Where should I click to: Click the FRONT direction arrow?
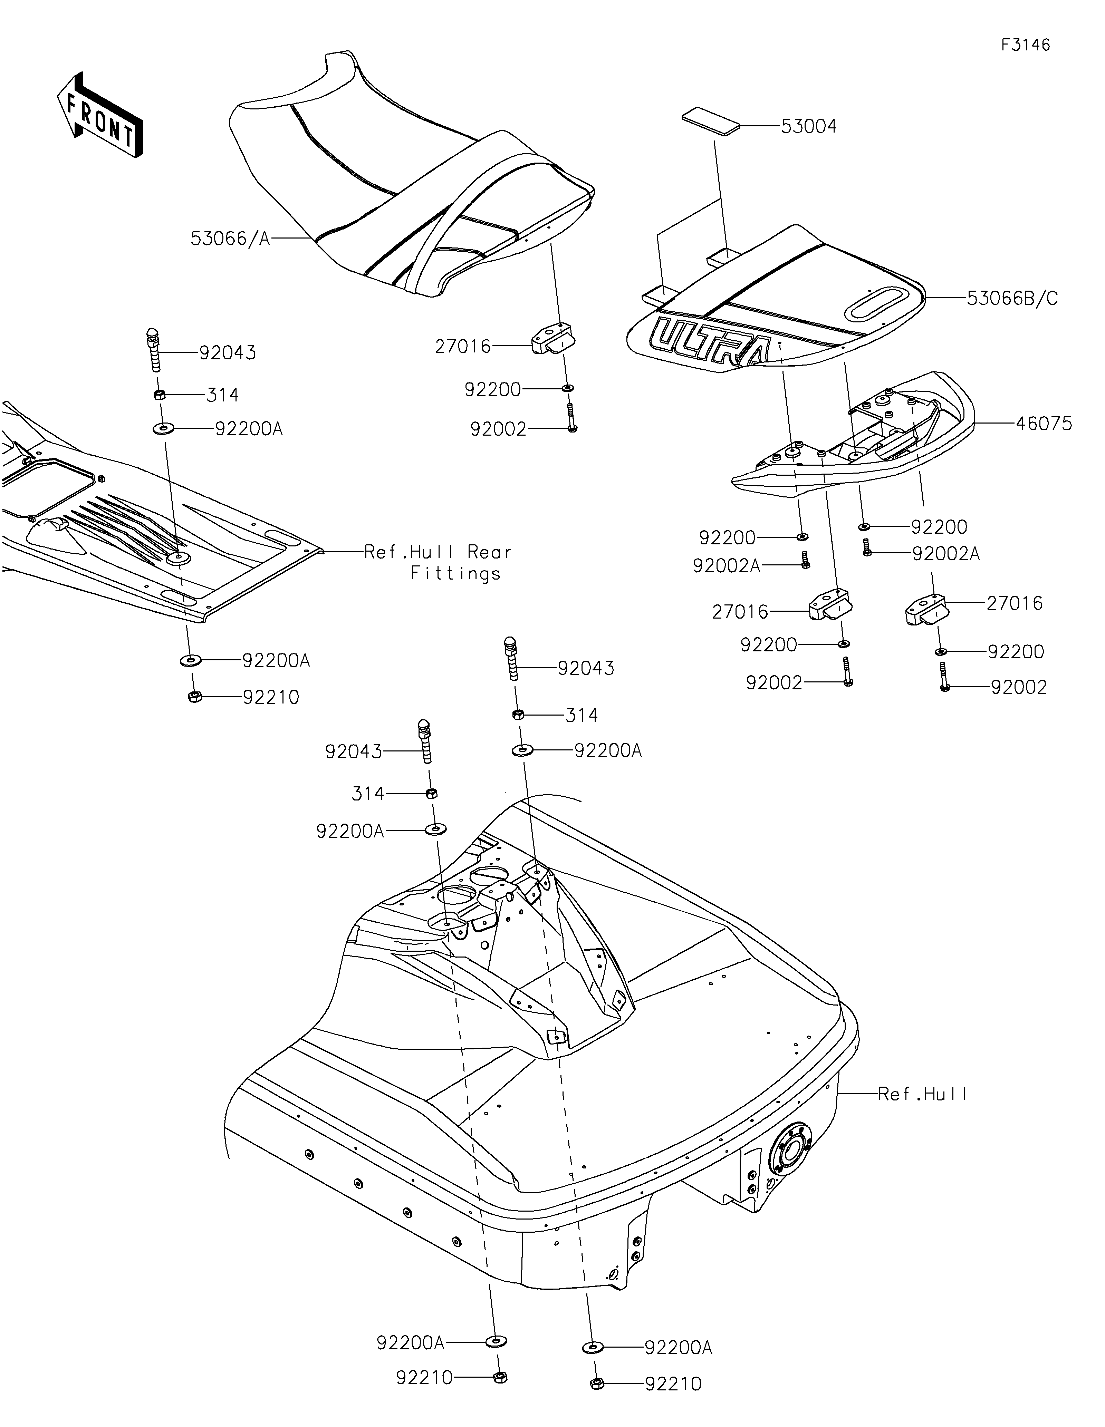pos(99,116)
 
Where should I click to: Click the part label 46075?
pos(1044,424)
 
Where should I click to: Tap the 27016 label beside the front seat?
pos(463,346)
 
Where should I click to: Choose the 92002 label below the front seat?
pos(498,429)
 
